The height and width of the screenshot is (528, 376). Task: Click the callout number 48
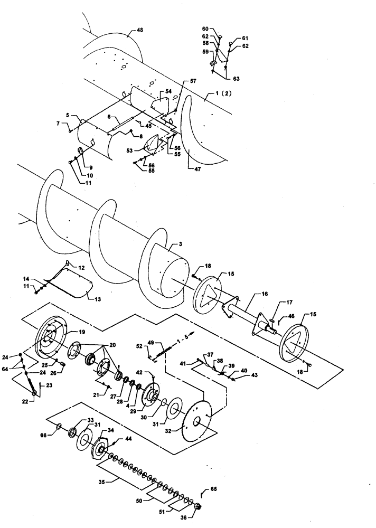[x=139, y=31]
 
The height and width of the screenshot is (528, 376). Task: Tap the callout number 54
[x=168, y=91]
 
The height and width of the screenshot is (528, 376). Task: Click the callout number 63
[x=236, y=78]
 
